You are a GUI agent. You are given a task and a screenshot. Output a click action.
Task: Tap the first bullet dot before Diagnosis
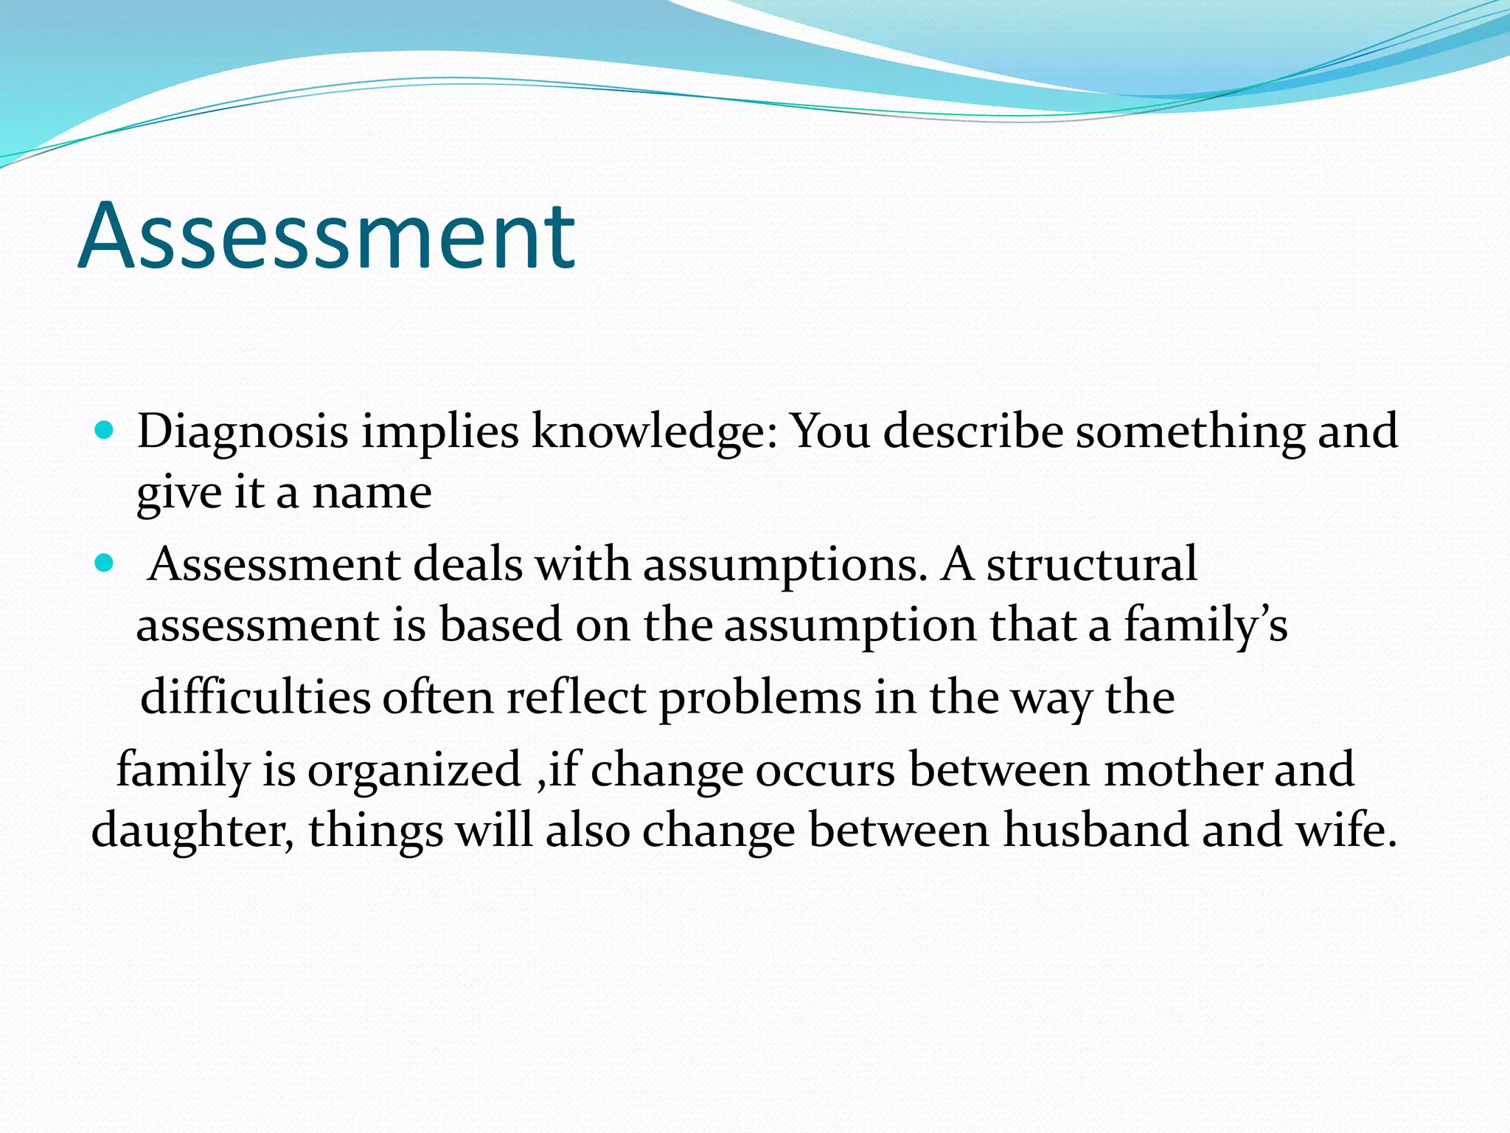(x=105, y=430)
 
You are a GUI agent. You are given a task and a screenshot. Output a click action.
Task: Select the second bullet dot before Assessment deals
(x=105, y=564)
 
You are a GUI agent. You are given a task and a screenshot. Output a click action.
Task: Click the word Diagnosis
(x=243, y=432)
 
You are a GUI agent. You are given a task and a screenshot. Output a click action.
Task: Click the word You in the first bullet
(x=830, y=432)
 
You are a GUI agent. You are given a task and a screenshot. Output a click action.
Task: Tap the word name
(x=372, y=493)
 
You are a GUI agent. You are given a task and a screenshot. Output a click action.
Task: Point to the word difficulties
(x=255, y=698)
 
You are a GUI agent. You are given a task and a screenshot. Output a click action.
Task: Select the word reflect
(x=576, y=698)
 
